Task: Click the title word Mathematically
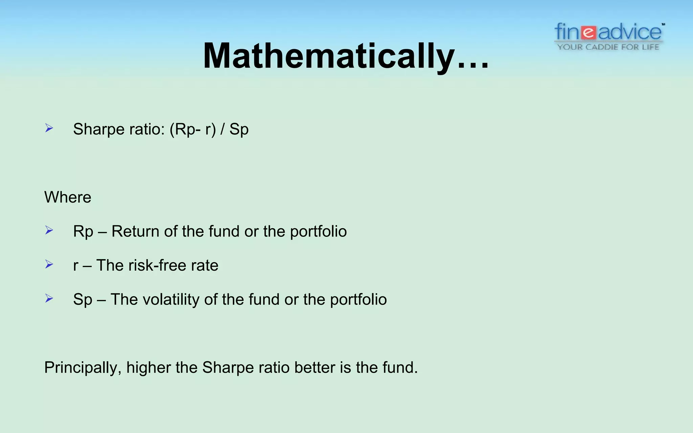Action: [x=328, y=56]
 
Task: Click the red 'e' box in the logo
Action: [x=589, y=32]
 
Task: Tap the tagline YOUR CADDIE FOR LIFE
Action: [x=608, y=47]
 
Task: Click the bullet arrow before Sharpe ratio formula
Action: [x=49, y=128]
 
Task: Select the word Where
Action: [x=68, y=197]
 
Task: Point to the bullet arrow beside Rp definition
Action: [x=49, y=230]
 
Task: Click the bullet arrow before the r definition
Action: [x=49, y=264]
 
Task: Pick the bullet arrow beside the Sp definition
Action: [x=49, y=298]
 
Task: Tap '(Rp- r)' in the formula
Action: [x=192, y=129]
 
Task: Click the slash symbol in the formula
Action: [x=222, y=129]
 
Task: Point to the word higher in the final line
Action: [x=148, y=368]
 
